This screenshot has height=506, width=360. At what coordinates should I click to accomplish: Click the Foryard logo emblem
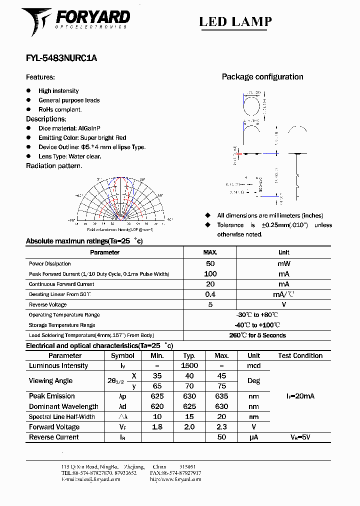coord(36,21)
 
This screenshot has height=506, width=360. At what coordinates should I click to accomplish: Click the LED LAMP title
coord(235,21)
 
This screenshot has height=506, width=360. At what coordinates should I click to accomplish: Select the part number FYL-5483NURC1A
coord(61,58)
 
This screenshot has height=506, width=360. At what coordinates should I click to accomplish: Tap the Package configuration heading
coord(262,77)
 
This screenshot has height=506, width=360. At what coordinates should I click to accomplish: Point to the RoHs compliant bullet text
coord(60,109)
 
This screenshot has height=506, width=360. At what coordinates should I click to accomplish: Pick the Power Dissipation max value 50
coord(210,263)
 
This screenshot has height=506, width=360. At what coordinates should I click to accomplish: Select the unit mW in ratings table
coord(283,263)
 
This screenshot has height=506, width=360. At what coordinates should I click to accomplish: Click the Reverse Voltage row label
coord(48,304)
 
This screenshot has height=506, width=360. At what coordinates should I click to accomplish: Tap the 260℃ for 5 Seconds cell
coord(257,335)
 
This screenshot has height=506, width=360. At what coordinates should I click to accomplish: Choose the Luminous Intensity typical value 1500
coord(189,366)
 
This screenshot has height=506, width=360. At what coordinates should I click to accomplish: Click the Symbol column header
coord(122,356)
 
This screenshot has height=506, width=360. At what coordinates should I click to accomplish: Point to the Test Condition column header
coord(300,356)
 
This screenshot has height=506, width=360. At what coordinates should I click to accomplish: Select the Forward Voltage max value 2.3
coord(221,427)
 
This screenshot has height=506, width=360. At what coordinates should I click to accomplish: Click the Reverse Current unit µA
coord(253,437)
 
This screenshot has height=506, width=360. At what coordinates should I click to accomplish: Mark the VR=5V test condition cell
coord(300,437)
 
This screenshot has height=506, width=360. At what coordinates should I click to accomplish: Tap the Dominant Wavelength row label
coord(63,406)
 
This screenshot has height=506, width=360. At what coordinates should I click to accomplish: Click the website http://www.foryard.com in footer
coord(175,479)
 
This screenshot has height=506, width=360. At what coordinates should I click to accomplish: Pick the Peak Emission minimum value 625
coord(156,396)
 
